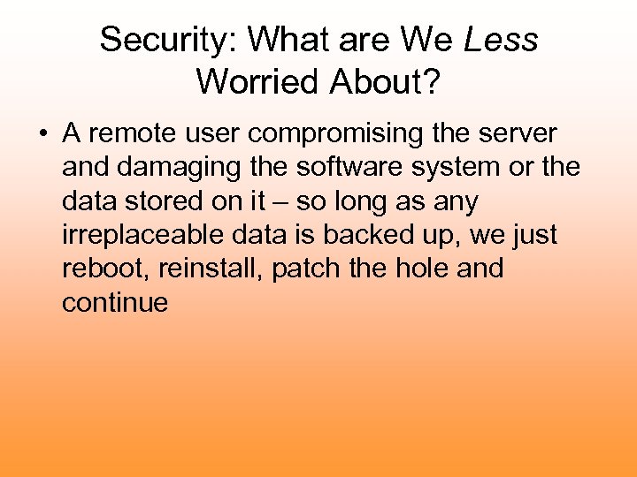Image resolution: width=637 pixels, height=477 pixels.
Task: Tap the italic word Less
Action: point(501,40)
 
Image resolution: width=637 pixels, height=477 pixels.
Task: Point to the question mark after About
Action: point(432,81)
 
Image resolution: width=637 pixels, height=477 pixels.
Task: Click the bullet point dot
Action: point(42,135)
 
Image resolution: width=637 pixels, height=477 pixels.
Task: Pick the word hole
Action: point(421,269)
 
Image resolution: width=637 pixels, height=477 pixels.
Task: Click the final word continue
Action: point(115,303)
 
